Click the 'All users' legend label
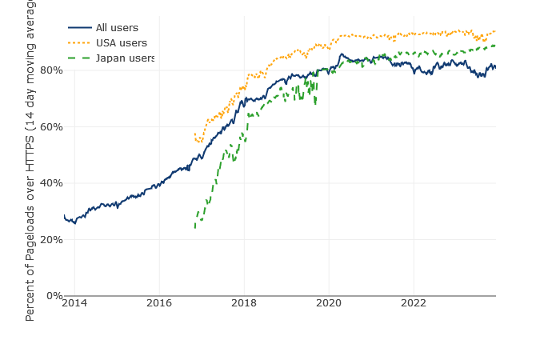tap(117, 28)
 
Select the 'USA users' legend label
tap(121, 43)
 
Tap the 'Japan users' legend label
tap(125, 58)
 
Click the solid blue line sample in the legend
tap(80, 28)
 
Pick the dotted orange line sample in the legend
tap(80, 43)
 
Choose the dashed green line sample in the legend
tap(80, 58)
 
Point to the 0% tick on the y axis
tap(53, 296)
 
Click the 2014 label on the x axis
tap(74, 302)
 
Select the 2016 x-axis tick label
tap(159, 302)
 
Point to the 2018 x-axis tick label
tap(244, 302)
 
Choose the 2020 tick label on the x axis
tap(329, 302)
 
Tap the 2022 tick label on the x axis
tap(414, 302)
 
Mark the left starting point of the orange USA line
tap(194, 134)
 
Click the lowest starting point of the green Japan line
tap(194, 228)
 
